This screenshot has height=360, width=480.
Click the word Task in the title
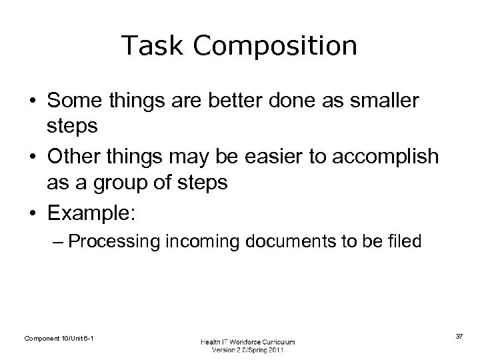pyautogui.click(x=146, y=46)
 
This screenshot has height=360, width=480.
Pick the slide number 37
pyautogui.click(x=459, y=337)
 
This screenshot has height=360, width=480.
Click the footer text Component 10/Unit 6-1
pyautogui.click(x=59, y=339)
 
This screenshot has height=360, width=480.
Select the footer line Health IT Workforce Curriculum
pyautogui.click(x=247, y=341)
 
